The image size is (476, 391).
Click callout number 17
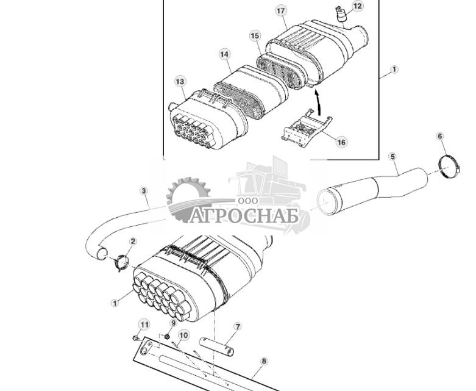[281, 11]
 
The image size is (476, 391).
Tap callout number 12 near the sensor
[357, 6]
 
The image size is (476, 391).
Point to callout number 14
[225, 54]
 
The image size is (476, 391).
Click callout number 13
[180, 81]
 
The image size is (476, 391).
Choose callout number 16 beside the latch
[341, 142]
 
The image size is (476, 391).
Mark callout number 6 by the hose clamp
[441, 136]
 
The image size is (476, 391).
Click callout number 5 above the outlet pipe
[393, 157]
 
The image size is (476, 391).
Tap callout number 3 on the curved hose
[144, 191]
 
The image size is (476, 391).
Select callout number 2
[133, 242]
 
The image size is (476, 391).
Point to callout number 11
[144, 324]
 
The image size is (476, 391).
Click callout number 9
[172, 323]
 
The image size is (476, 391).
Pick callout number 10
[183, 334]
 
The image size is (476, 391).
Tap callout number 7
[237, 327]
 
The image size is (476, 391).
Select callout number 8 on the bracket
[264, 361]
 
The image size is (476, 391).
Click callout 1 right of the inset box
[394, 70]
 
